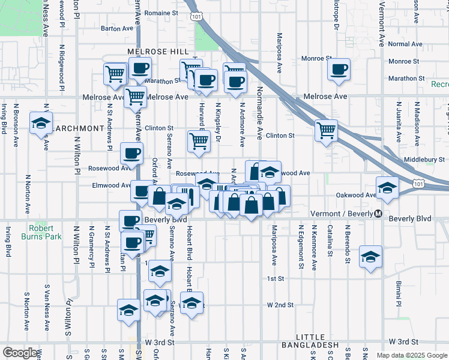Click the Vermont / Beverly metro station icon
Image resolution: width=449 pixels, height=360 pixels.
click(378, 214)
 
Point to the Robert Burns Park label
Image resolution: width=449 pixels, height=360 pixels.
click(44, 232)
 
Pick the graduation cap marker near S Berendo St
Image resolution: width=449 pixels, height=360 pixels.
click(370, 256)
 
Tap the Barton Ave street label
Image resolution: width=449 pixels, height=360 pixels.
click(117, 28)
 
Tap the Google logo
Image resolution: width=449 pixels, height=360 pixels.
click(19, 353)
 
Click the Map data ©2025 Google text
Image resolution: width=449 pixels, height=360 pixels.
click(411, 355)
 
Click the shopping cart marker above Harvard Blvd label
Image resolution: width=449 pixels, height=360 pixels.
click(198, 141)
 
